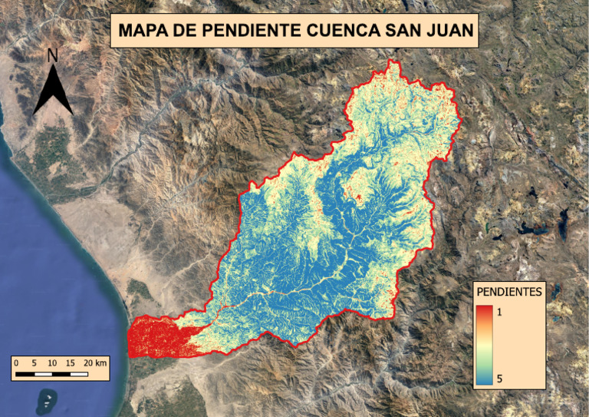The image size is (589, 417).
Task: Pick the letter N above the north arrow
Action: coord(52,55)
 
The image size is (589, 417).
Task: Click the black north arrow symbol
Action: coord(53,91)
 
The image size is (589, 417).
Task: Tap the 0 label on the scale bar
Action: coord(17,362)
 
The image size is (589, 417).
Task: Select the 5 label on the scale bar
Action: coord(35,362)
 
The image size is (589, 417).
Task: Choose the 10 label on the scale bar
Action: coord(52,362)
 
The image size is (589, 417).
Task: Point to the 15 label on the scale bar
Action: coord(70,362)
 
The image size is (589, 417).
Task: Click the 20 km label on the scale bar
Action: coord(95,362)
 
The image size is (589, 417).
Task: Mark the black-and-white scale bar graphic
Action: coord(51,374)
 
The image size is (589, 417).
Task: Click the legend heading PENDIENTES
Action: coord(509,292)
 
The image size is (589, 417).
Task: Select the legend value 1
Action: coord(501,313)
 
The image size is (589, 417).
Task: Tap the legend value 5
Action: coord(501,379)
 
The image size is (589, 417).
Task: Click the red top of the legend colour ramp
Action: coord(483,311)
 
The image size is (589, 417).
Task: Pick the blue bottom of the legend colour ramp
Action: coord(483,379)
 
